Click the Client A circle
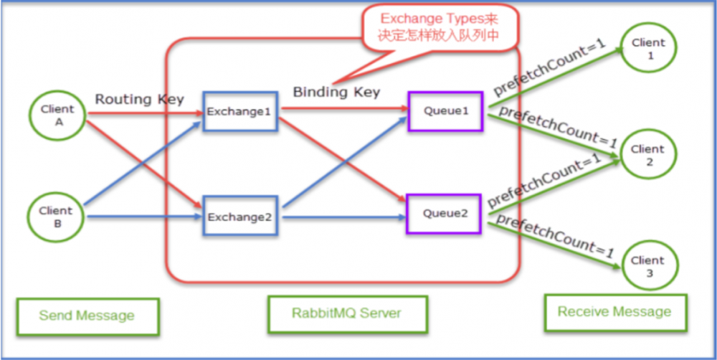57,115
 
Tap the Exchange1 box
239,111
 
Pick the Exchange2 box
239,216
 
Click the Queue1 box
445,111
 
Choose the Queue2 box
445,213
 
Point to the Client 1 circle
647,49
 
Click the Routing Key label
140,99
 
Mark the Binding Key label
336,92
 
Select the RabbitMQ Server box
346,313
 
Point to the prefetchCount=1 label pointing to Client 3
556,237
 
